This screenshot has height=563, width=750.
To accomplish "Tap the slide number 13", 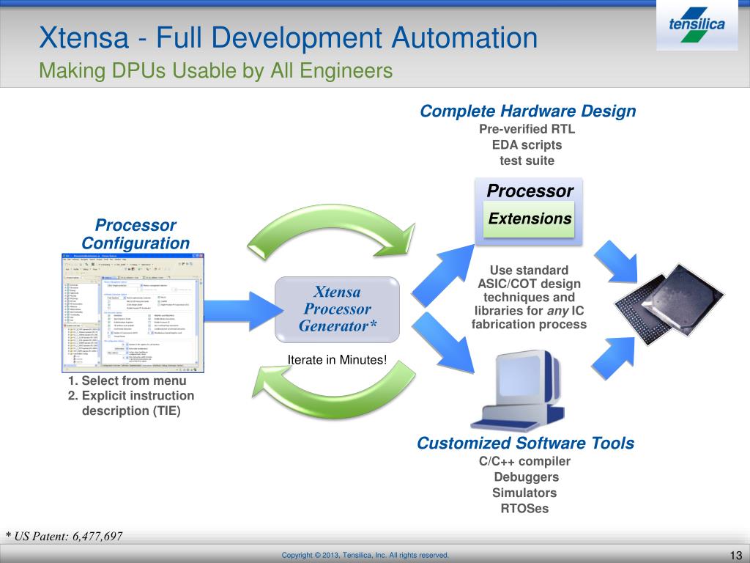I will (x=736, y=554).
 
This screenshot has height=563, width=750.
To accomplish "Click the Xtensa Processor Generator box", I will (x=337, y=308).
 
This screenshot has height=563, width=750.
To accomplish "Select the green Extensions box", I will (x=530, y=218).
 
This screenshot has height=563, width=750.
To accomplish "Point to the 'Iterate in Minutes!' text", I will (x=337, y=359).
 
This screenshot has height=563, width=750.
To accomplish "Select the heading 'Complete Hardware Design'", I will (x=527, y=111).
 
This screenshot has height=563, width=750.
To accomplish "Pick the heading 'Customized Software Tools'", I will (x=525, y=443).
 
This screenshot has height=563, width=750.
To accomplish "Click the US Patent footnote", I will (x=64, y=536).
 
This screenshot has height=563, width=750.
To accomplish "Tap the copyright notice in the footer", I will (x=365, y=555).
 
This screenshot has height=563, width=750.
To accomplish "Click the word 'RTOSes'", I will (x=524, y=508).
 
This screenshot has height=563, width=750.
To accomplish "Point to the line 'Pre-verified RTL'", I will (x=527, y=129).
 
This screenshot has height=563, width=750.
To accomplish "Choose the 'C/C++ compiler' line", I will (x=524, y=461).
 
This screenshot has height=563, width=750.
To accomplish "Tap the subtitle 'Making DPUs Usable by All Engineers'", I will (x=216, y=70).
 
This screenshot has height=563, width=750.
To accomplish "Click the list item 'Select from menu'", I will (x=127, y=380).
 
